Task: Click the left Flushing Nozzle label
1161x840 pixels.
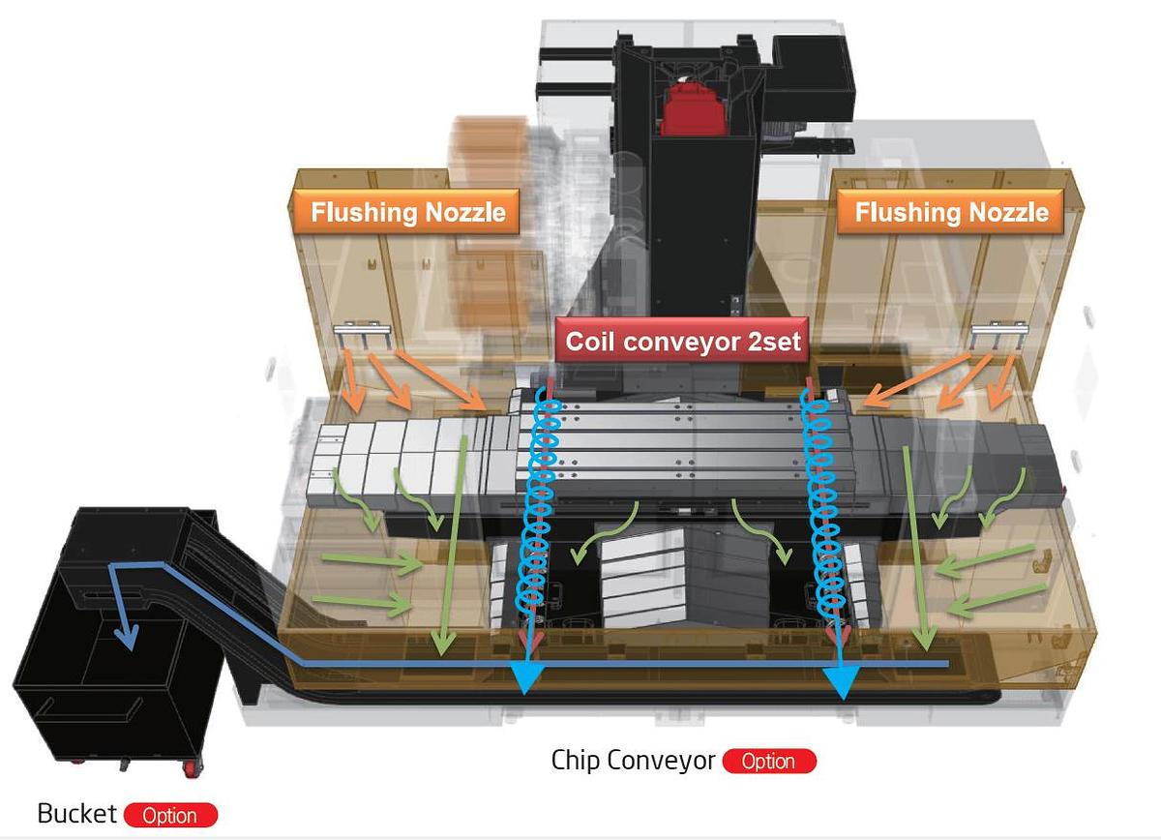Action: pyautogui.click(x=407, y=212)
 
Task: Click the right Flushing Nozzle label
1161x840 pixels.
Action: pyautogui.click(x=951, y=212)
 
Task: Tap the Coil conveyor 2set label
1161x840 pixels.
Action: pyautogui.click(x=682, y=342)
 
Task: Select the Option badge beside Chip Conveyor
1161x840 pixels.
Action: pyautogui.click(x=768, y=762)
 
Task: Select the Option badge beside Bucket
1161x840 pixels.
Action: pyautogui.click(x=169, y=815)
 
